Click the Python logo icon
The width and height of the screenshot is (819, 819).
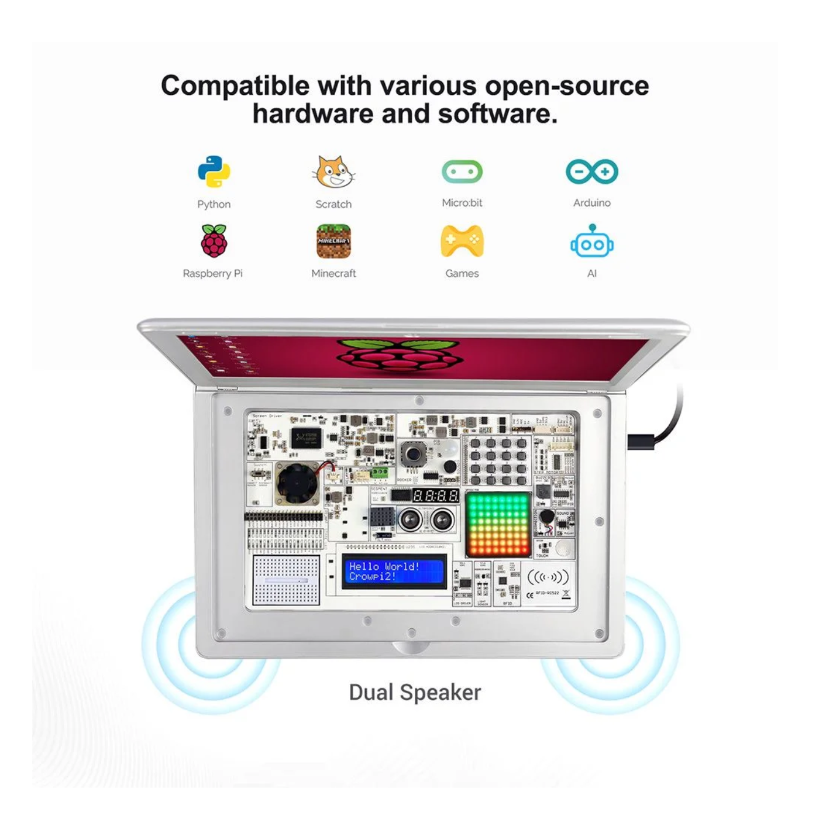214,172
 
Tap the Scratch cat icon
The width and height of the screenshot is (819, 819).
333,172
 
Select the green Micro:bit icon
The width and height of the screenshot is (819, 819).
462,172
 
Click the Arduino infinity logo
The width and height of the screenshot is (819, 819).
591,171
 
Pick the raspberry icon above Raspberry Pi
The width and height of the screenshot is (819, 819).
214,241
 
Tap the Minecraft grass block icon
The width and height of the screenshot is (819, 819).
333,241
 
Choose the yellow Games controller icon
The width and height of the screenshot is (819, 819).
462,241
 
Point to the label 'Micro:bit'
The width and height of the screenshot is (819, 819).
462,203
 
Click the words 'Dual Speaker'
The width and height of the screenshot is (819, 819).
415,693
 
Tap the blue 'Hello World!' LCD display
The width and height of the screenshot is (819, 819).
393,572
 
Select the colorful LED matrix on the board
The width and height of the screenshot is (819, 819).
498,524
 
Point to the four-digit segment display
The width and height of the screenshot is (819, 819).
435,496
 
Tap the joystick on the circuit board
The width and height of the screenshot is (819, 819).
414,453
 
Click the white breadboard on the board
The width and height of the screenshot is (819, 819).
286,580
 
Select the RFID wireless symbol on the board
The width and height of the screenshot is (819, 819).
548,577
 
